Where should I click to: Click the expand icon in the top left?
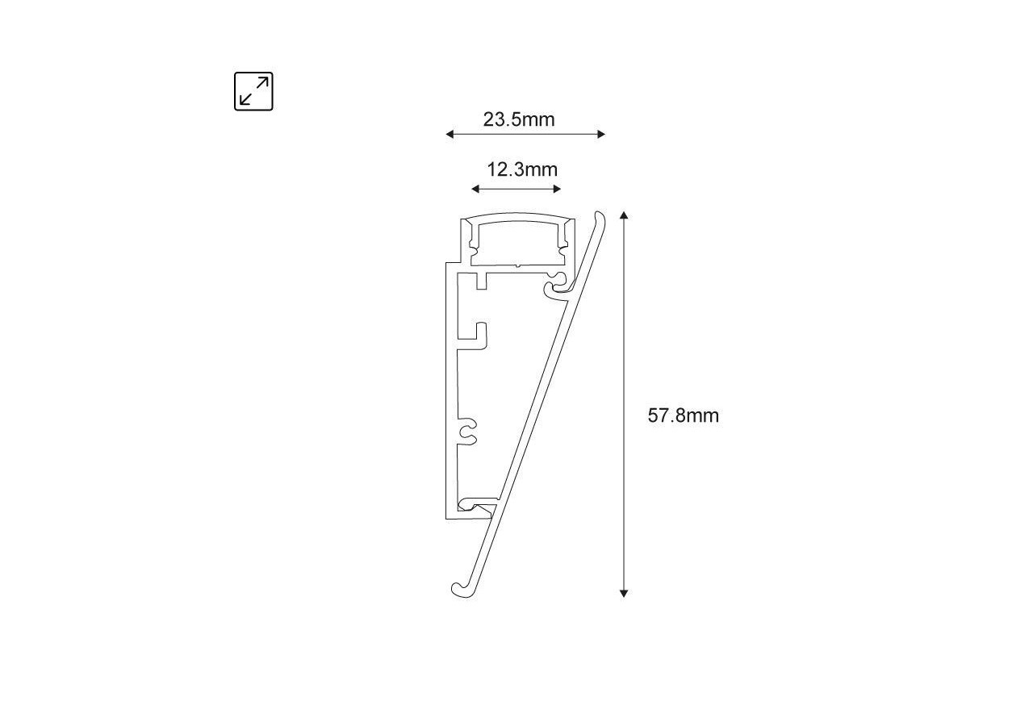253,91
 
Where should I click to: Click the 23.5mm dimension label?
519,119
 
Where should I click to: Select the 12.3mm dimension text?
521,169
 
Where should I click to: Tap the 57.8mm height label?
683,415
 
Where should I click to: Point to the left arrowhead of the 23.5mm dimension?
450,134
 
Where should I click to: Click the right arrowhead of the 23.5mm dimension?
601,134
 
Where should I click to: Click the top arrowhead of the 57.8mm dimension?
624,215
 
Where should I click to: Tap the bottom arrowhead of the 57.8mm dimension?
624,593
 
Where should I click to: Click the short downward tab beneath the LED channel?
481,281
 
